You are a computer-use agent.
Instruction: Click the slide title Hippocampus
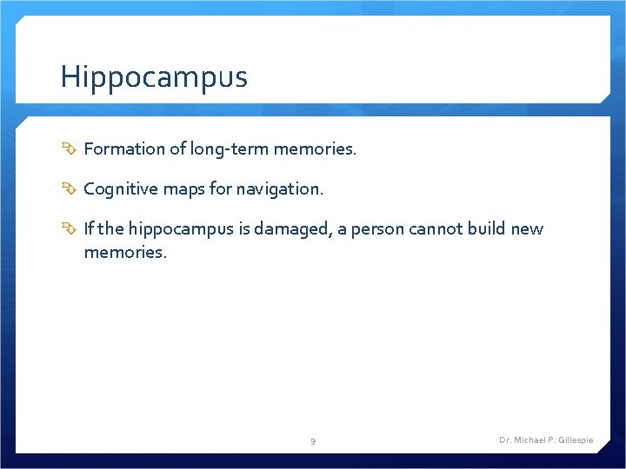tap(154, 77)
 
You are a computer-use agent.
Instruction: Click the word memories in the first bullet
tap(314, 149)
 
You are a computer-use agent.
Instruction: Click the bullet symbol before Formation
tap(70, 149)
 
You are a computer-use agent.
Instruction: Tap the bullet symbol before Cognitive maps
tap(70, 188)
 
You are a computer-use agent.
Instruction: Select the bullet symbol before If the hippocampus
tap(70, 229)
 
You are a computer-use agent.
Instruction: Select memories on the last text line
tap(124, 252)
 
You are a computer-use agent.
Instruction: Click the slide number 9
tap(313, 441)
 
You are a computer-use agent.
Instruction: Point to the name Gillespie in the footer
tap(575, 440)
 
